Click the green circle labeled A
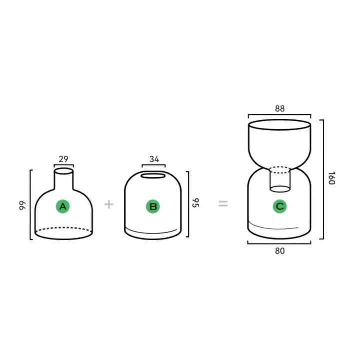point(63,206)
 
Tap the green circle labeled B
point(153,206)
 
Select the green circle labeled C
point(280,206)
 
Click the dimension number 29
point(63,159)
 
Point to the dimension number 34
point(154,159)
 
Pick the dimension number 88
point(280,108)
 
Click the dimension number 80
point(280,251)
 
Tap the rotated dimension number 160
point(332,178)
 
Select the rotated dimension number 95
point(195,203)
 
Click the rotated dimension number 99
point(22,205)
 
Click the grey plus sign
point(109,204)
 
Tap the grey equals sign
point(223,203)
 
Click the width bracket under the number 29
point(64,165)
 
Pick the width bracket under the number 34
point(154,165)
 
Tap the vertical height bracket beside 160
point(323,179)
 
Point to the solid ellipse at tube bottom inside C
point(280,189)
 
